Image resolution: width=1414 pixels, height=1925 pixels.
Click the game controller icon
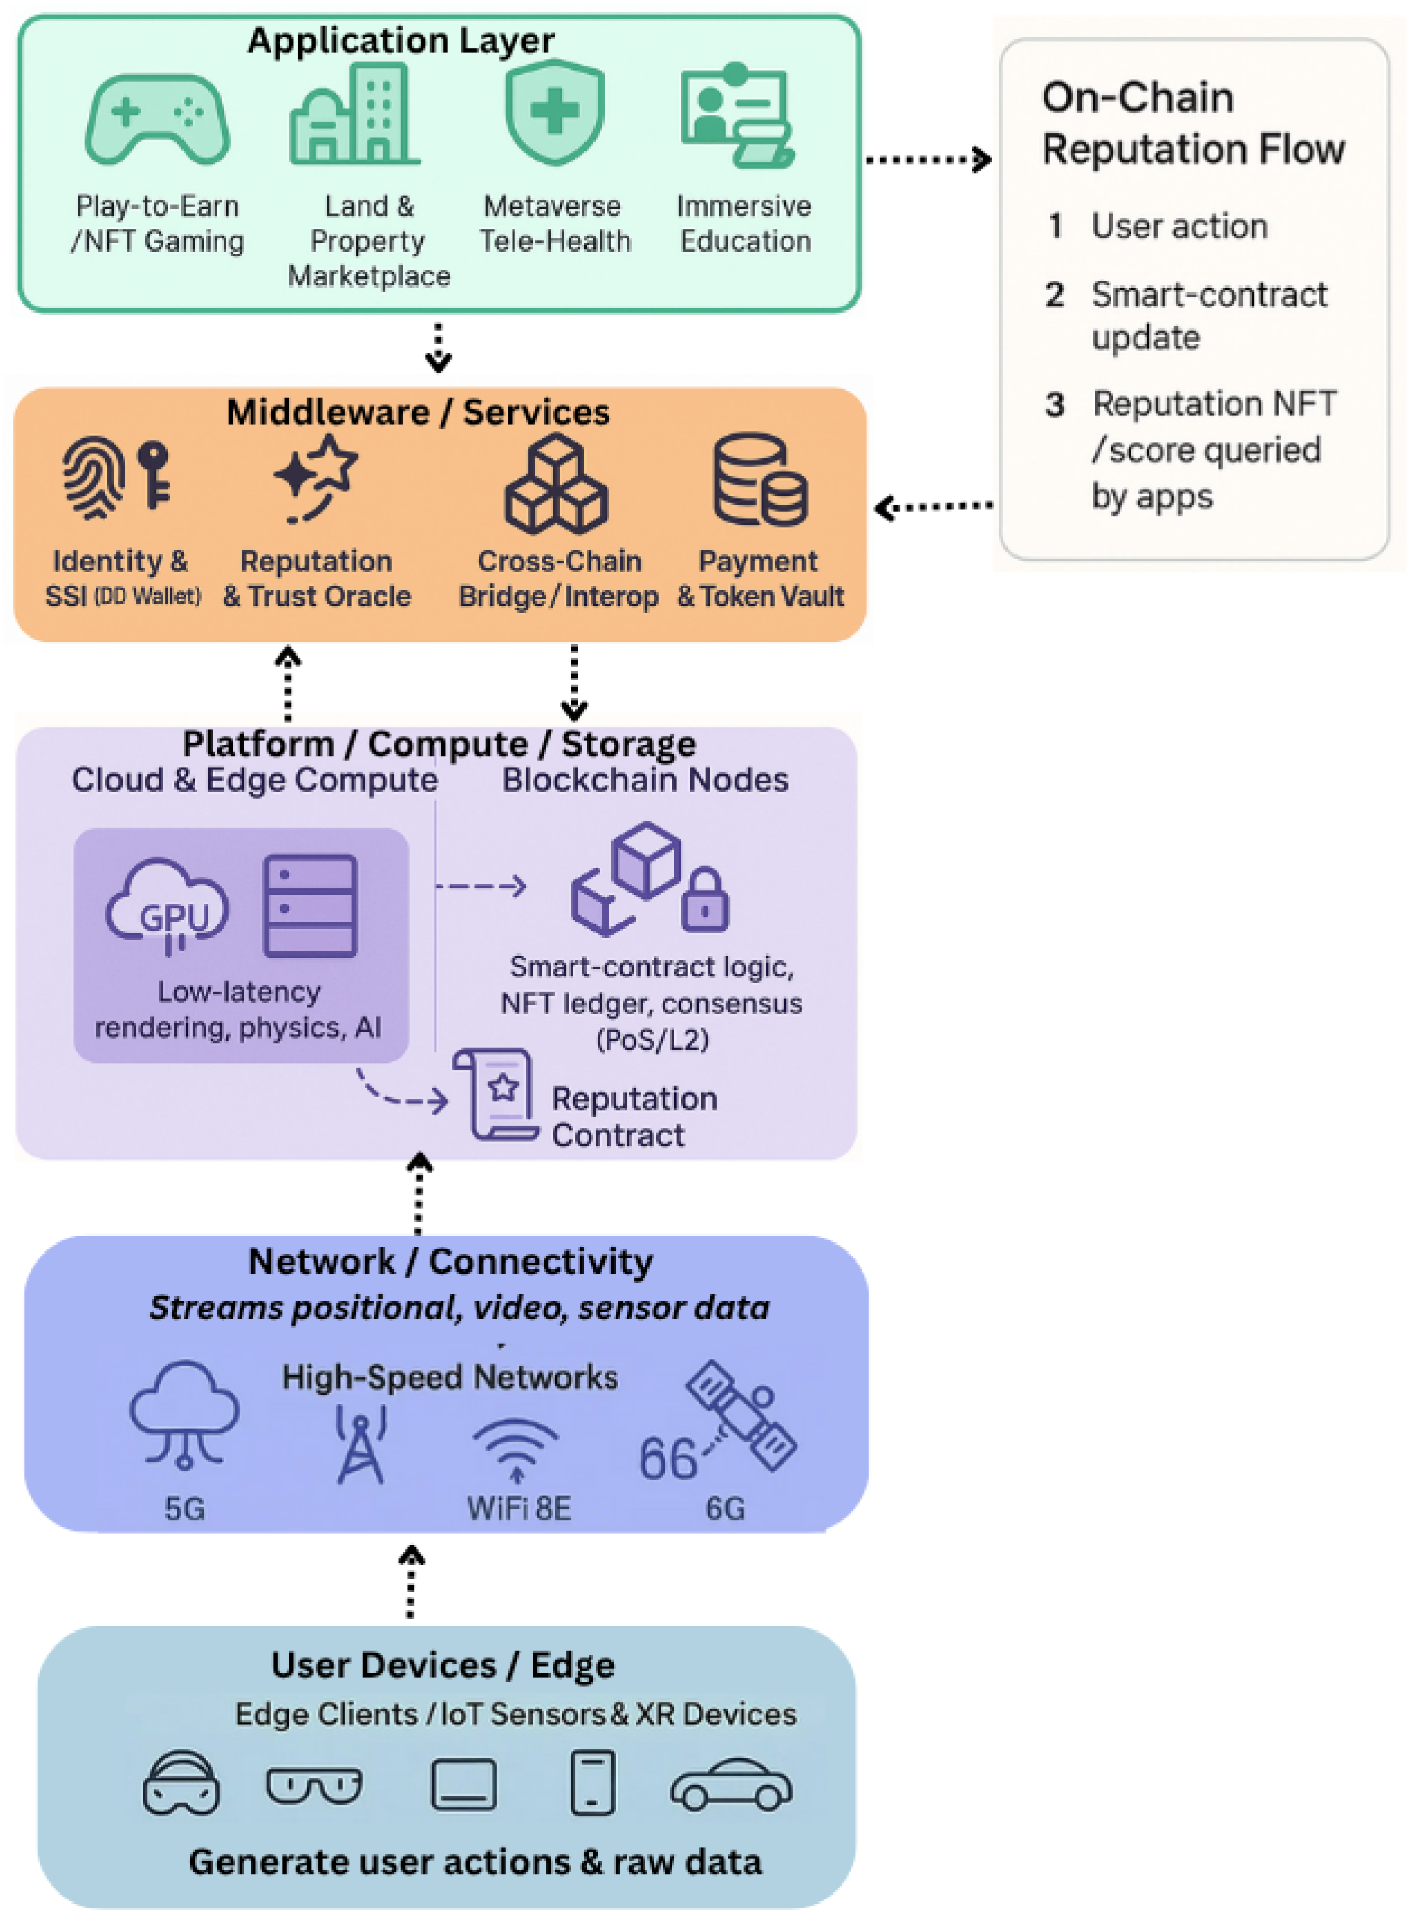157,119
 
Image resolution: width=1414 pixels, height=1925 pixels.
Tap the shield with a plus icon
555,112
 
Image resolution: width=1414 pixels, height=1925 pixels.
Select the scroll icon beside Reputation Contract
496,1094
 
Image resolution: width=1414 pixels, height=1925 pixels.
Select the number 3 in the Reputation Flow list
1055,404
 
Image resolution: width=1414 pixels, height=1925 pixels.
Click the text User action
1179,226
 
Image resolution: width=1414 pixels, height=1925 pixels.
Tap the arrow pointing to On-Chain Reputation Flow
929,159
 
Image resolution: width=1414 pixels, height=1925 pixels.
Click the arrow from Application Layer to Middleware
438,346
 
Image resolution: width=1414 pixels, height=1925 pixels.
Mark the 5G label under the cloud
185,1509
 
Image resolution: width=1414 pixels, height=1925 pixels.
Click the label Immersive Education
744,224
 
